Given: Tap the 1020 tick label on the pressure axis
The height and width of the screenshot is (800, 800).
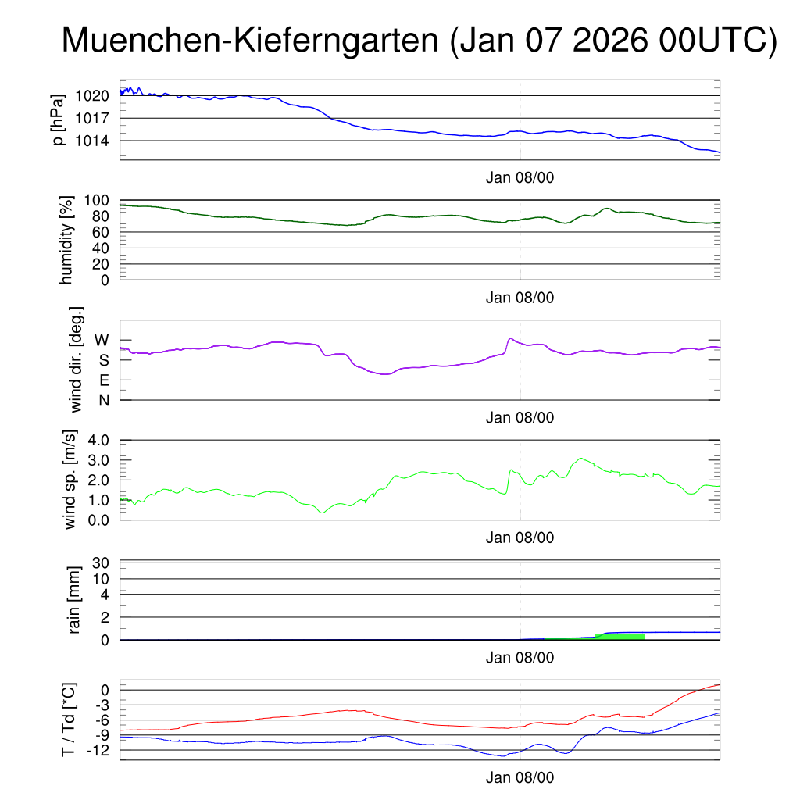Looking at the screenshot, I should (92, 96).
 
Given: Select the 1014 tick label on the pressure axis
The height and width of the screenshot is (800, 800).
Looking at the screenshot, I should (92, 141).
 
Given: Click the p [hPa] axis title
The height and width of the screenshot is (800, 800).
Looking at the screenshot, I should (56, 120).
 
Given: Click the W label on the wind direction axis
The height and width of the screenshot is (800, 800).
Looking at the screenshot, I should (102, 340).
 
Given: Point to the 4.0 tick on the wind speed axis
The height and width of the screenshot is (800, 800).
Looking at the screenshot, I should (98, 440).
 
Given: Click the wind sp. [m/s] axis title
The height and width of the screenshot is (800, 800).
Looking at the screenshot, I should (70, 480).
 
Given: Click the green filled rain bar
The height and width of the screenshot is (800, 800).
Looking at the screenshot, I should (620, 637).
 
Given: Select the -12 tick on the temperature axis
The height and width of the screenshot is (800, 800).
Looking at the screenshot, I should (98, 750).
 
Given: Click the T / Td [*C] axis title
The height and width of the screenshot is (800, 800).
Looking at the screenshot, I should (69, 720).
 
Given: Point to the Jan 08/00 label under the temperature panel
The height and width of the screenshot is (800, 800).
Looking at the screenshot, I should (520, 778).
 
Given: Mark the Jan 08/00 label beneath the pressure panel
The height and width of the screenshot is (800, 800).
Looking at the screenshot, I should (520, 177).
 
